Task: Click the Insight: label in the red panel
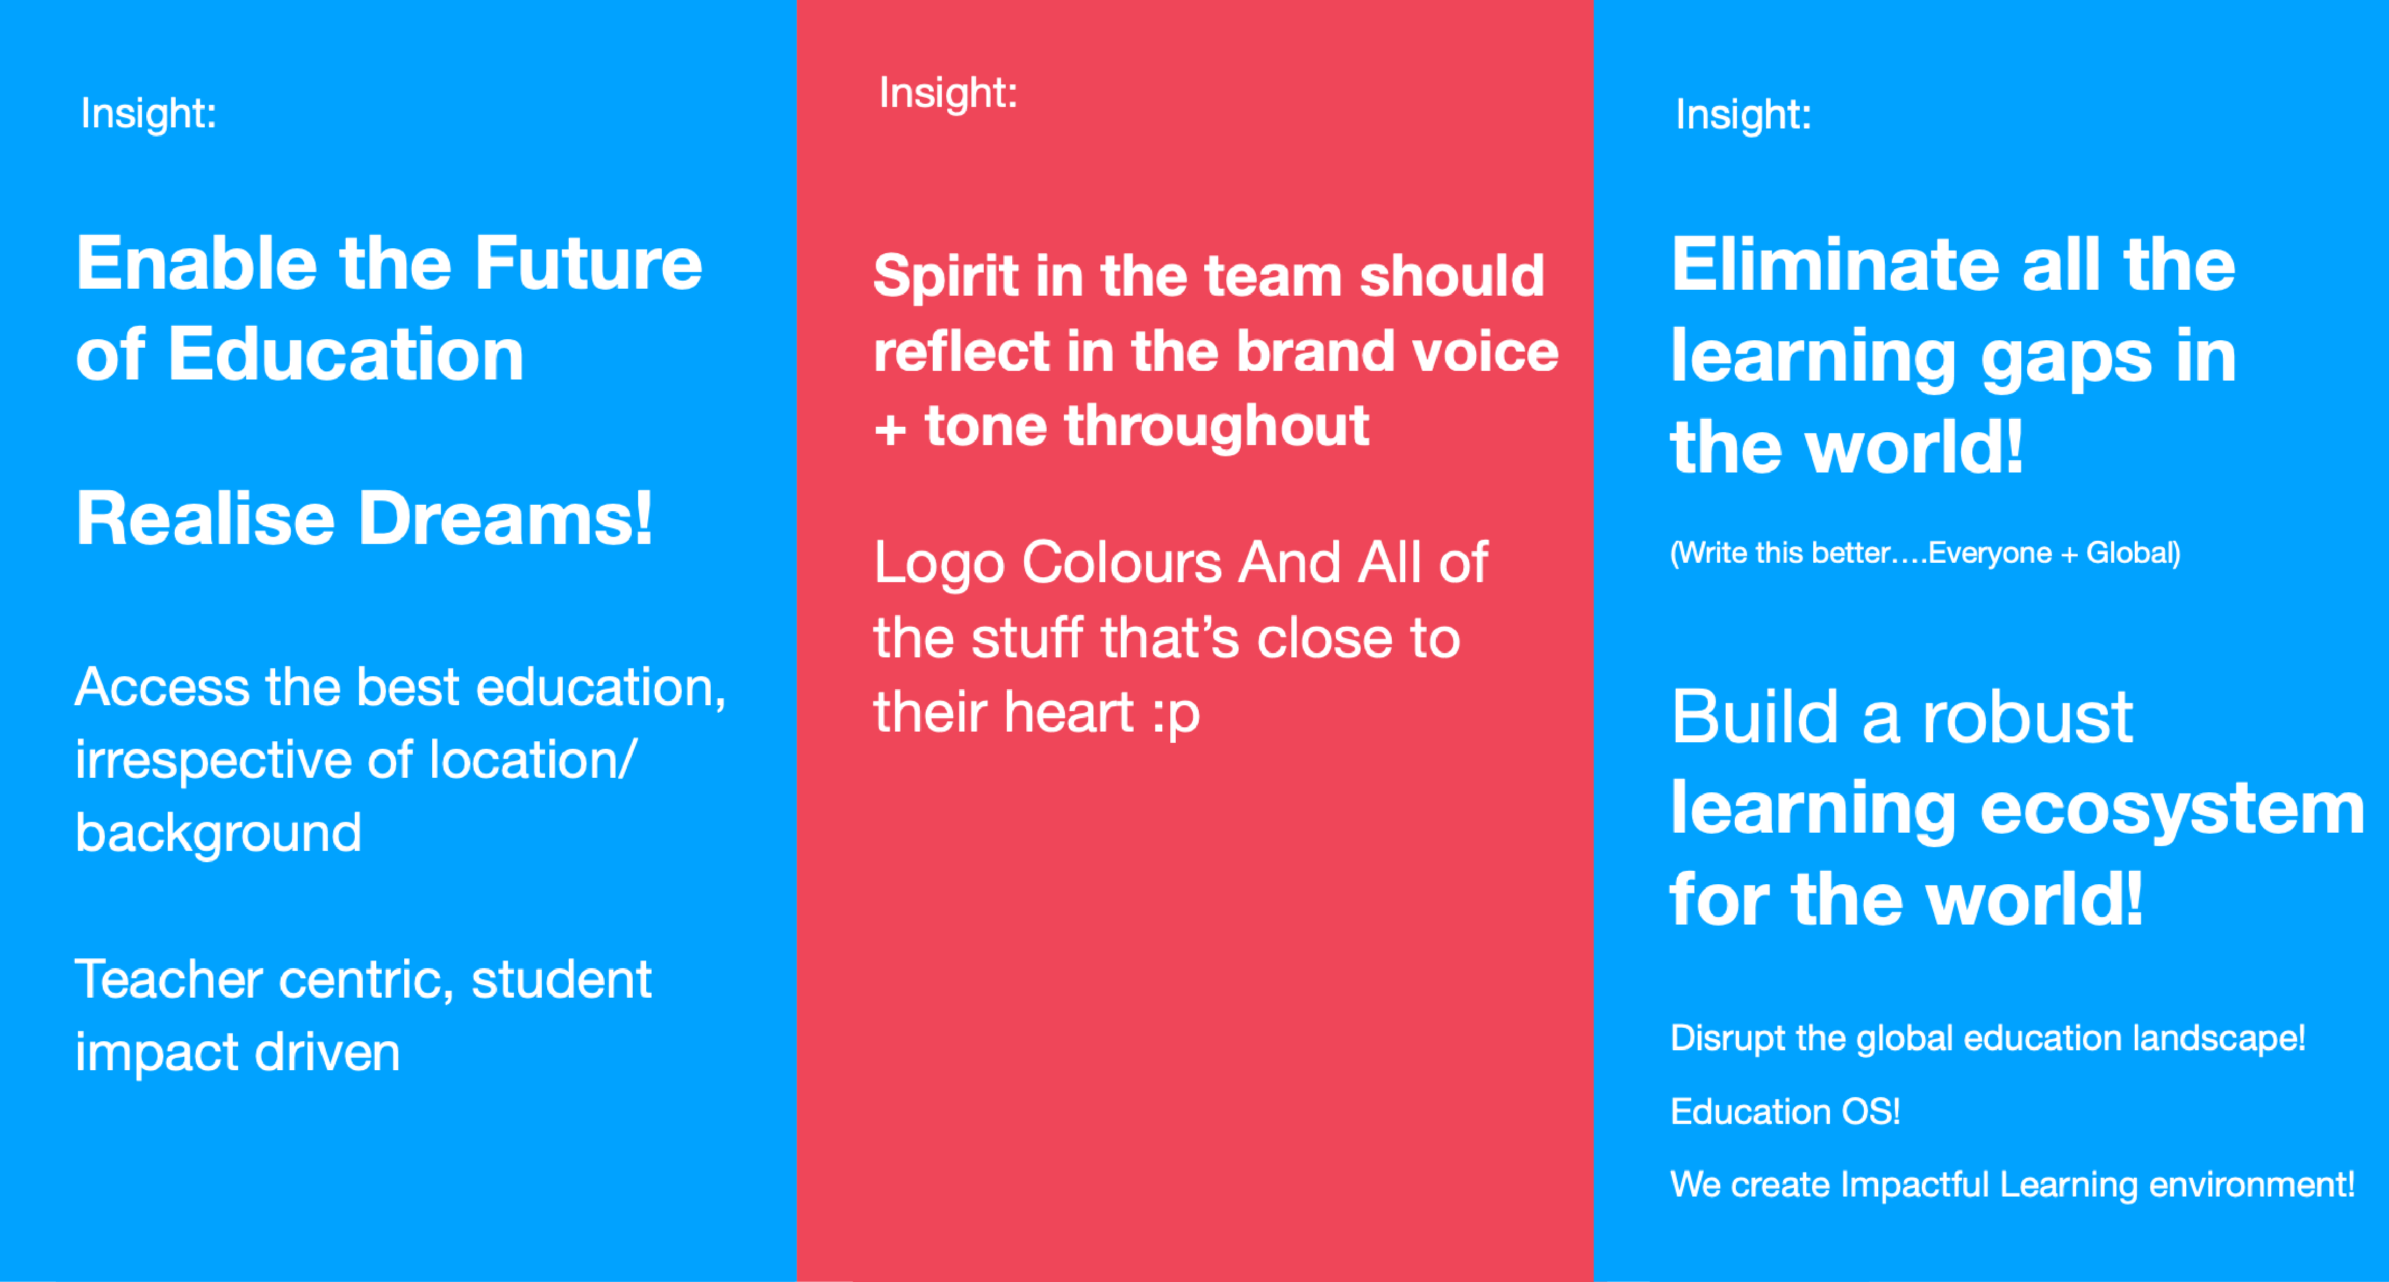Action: (x=948, y=94)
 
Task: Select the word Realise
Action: (x=205, y=519)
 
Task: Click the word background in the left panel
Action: (x=218, y=833)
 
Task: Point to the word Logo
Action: (x=939, y=563)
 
